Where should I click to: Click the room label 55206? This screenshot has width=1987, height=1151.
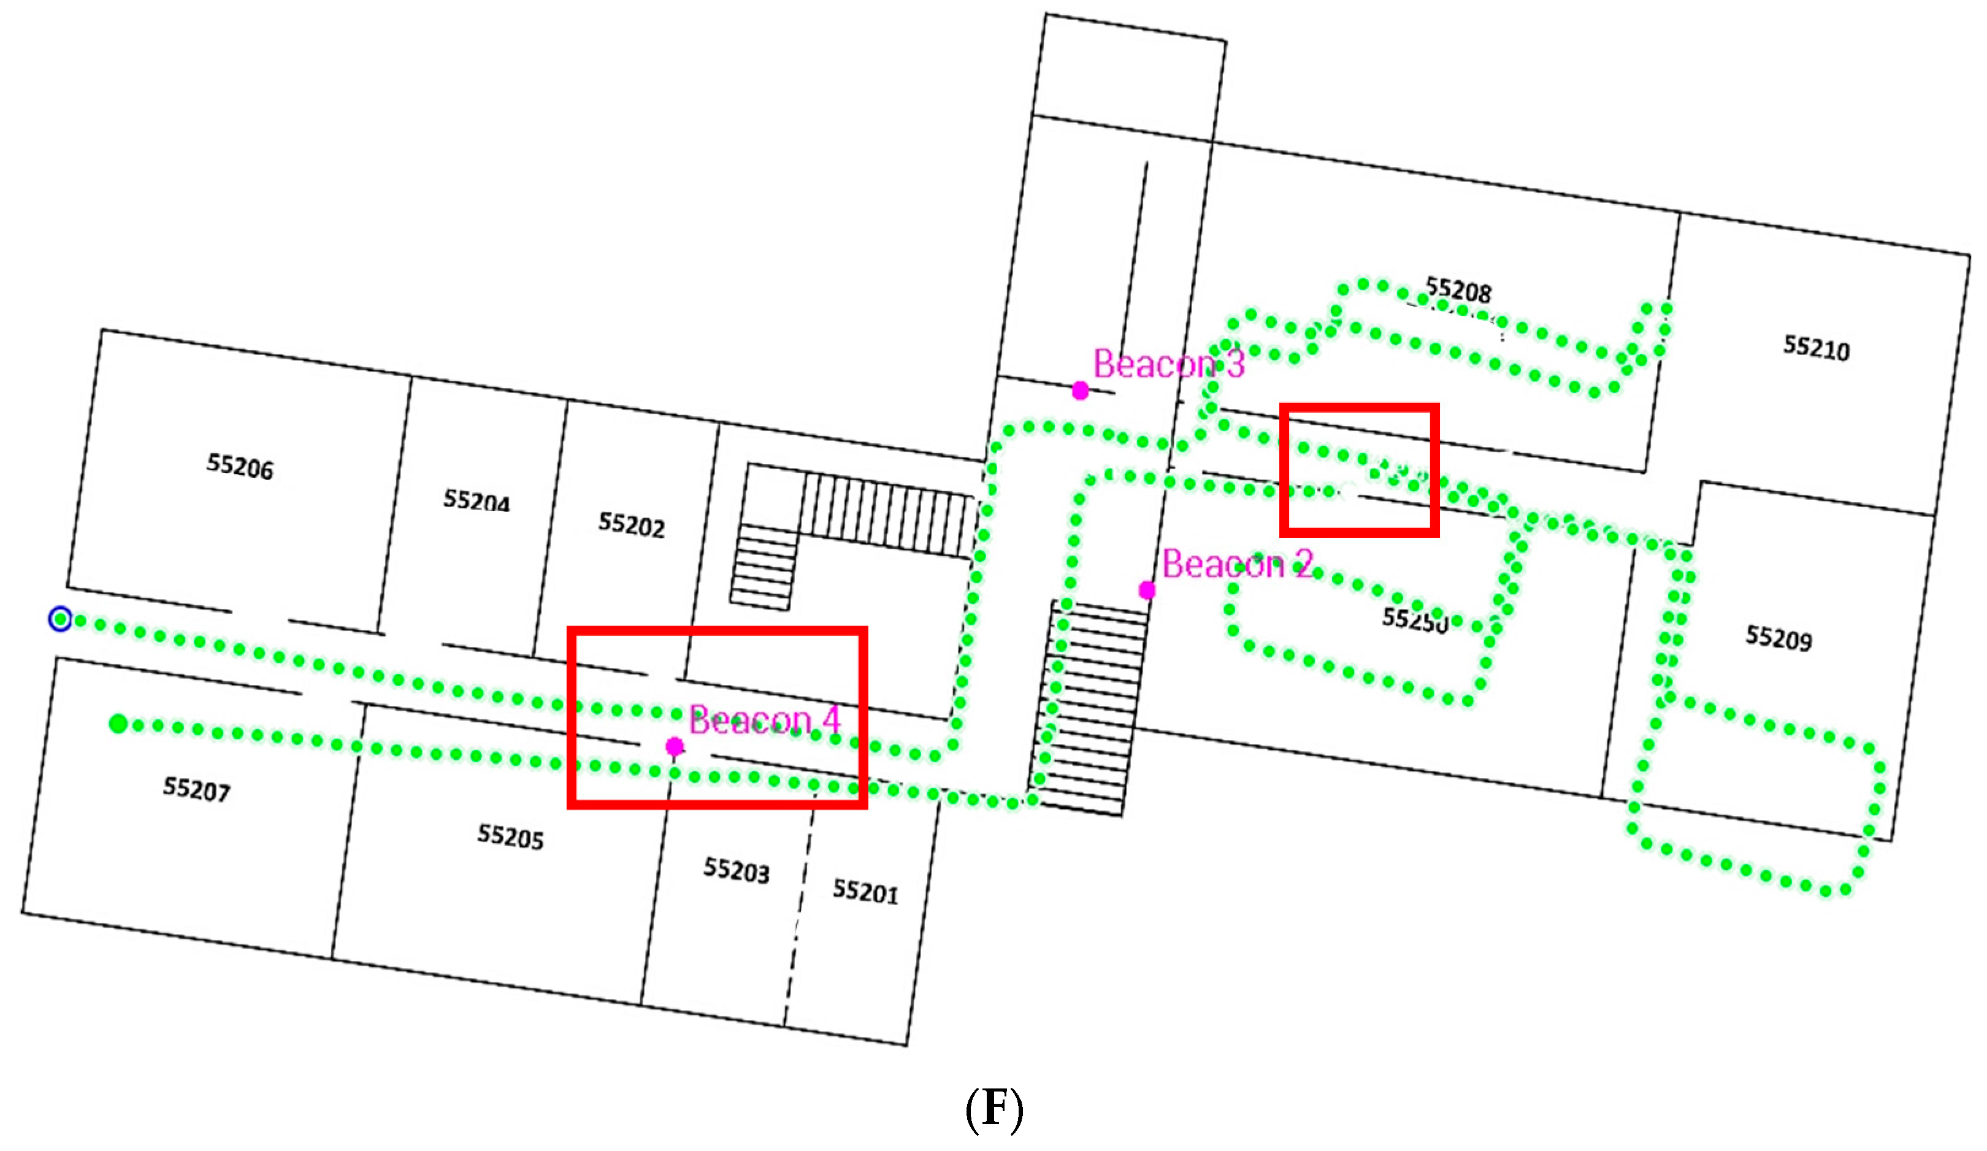pyautogui.click(x=240, y=466)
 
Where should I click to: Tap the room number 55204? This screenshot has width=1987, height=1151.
pyautogui.click(x=477, y=500)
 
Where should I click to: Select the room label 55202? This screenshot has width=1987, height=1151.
pyautogui.click(x=631, y=524)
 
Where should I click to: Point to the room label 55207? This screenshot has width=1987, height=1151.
pyautogui.click(x=196, y=789)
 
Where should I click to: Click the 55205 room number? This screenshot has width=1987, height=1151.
pyautogui.click(x=510, y=836)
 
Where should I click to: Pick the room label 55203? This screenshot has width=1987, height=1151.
pyautogui.click(x=737, y=870)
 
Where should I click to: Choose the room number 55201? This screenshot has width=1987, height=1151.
pyautogui.click(x=865, y=892)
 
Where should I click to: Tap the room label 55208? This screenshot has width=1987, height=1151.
pyautogui.click(x=1459, y=290)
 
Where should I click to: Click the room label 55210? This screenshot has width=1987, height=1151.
pyautogui.click(x=1816, y=347)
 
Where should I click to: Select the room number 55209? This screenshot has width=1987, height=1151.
pyautogui.click(x=1778, y=638)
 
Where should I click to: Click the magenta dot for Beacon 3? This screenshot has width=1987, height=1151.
pyautogui.click(x=1080, y=390)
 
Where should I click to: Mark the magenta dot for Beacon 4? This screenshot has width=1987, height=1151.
pyautogui.click(x=674, y=746)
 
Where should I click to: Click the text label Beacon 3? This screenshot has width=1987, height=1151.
pyautogui.click(x=1168, y=364)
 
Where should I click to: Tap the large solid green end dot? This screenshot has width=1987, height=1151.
pyautogui.click(x=118, y=723)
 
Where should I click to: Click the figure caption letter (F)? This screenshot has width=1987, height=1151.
pyautogui.click(x=993, y=1109)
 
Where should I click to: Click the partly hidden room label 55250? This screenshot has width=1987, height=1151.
pyautogui.click(x=1415, y=619)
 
